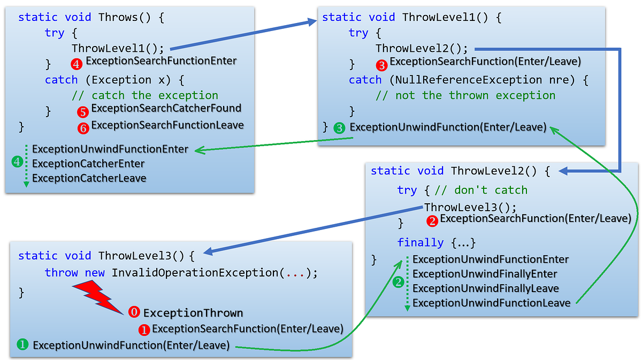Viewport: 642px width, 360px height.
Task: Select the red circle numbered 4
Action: [x=77, y=64]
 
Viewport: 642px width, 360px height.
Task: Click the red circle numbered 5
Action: [x=83, y=112]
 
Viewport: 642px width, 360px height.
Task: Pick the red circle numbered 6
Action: [x=83, y=128]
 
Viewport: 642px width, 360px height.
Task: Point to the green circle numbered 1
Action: [x=23, y=345]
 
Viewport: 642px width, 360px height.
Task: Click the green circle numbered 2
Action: [x=398, y=281]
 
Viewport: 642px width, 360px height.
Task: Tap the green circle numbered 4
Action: [x=17, y=162]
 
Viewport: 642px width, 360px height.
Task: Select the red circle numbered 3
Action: [x=381, y=65]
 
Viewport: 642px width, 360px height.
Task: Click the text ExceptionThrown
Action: [x=193, y=313]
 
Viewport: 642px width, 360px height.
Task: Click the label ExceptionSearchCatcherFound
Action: [x=166, y=108]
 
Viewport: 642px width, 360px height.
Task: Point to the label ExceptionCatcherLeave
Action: [x=89, y=178]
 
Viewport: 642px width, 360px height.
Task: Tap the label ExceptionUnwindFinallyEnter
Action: [x=485, y=274]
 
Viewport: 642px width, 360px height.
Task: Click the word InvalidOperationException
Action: [x=195, y=273]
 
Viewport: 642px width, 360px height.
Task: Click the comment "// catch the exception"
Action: [x=145, y=96]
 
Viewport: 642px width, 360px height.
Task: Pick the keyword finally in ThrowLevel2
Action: [x=421, y=242]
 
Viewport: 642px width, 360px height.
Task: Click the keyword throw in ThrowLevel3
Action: [x=62, y=273]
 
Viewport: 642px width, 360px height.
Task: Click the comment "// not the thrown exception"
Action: [x=465, y=96]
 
